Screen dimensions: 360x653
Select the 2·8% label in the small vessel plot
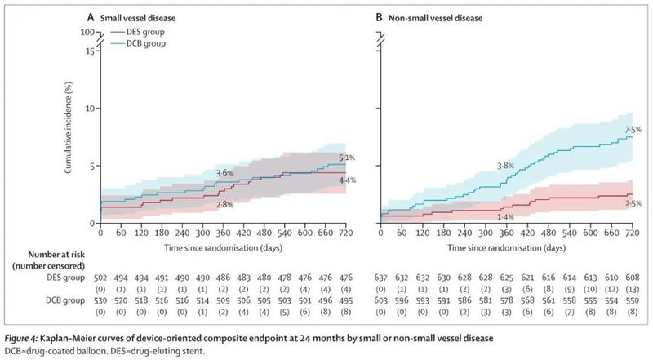tap(224, 204)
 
